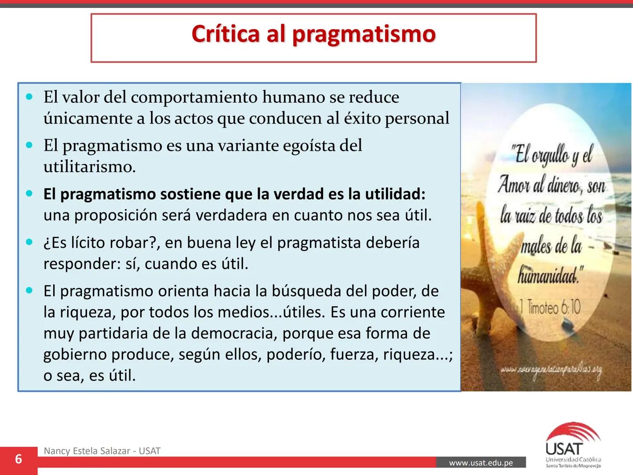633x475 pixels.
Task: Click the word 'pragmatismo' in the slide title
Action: tap(364, 35)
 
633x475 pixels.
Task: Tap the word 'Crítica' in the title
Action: tap(226, 34)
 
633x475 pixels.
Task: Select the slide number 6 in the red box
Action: tap(18, 459)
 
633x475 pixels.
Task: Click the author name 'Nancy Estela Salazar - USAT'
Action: tap(102, 451)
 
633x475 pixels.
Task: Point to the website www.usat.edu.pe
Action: tap(481, 463)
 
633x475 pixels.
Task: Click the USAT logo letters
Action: tap(564, 449)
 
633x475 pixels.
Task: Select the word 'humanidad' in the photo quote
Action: tap(547, 276)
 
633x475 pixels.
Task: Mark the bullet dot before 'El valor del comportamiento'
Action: tap(29, 97)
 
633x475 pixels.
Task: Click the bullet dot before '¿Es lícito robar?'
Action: tap(29, 242)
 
